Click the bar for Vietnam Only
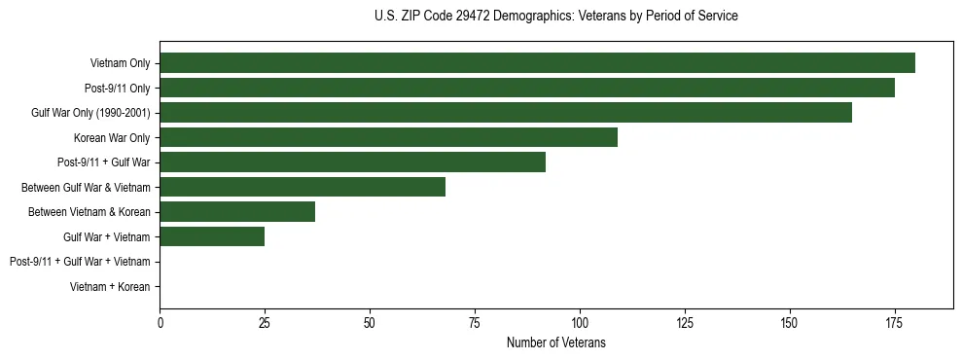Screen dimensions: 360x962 (537, 63)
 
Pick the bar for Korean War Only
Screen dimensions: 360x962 (388, 137)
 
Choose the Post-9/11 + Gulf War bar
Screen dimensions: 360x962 (352, 162)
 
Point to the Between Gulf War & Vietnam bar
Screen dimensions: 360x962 (303, 187)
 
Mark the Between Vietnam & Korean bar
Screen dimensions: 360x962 (237, 211)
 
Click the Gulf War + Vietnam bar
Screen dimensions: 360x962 (212, 236)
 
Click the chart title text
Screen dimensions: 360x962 (555, 17)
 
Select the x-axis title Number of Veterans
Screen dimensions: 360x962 (555, 342)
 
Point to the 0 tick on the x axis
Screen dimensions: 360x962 (160, 322)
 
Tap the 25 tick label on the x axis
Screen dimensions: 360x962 (265, 322)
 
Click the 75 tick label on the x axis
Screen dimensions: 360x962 (475, 322)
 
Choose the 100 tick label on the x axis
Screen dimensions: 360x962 (580, 322)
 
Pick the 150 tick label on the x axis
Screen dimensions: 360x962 (790, 322)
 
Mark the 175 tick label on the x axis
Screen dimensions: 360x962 (895, 322)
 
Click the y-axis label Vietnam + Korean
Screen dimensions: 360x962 (110, 286)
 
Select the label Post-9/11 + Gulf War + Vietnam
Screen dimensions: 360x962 (80, 261)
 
